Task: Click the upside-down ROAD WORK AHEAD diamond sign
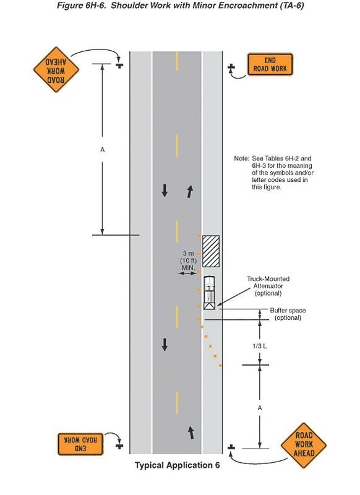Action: [x=56, y=70]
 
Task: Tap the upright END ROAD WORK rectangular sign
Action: [x=270, y=64]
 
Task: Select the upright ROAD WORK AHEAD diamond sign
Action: [x=304, y=445]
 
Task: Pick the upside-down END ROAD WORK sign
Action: [x=80, y=444]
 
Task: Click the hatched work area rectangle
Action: [x=211, y=251]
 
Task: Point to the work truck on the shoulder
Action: [x=209, y=293]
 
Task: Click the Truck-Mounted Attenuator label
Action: [x=268, y=286]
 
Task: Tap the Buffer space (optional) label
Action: [x=288, y=314]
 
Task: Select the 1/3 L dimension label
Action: [x=259, y=346]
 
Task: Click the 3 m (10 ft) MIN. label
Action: [x=189, y=260]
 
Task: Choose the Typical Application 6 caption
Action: [x=178, y=465]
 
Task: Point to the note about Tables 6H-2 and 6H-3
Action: [x=273, y=173]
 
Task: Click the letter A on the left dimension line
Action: [x=102, y=150]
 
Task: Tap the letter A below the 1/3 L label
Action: [x=260, y=408]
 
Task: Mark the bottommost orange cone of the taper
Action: [x=220, y=366]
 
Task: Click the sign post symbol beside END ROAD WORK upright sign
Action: [x=231, y=67]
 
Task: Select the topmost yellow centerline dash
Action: [x=177, y=61]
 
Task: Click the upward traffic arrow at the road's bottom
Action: [x=191, y=433]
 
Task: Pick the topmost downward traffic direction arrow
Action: [x=165, y=191]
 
